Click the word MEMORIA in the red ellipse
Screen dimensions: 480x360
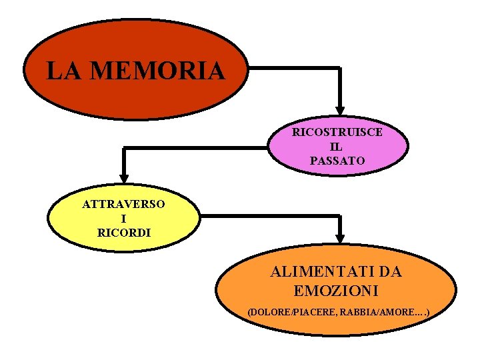point(157,70)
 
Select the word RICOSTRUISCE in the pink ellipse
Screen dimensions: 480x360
point(337,132)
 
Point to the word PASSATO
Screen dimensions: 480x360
point(337,161)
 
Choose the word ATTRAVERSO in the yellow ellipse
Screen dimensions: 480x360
point(124,204)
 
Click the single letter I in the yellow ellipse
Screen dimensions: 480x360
point(124,219)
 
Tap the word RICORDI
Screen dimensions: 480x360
point(124,233)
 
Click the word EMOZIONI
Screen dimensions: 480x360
point(336,291)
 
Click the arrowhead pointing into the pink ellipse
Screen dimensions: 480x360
point(340,110)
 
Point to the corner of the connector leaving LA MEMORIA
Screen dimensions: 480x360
point(340,67)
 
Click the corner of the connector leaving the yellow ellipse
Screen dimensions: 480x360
point(340,216)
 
